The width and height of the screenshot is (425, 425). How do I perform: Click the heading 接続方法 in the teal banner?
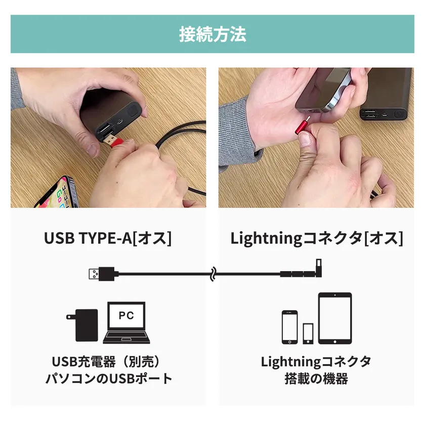[212, 34]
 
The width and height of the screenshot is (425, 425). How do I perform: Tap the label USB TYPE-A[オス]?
[108, 238]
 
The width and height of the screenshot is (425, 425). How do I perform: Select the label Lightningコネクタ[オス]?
[317, 238]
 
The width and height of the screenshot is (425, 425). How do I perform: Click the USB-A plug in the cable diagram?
[104, 274]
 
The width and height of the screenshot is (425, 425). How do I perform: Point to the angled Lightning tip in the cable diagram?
[319, 267]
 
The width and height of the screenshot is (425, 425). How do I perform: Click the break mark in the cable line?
[214, 274]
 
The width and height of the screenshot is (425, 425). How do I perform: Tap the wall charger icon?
[82, 325]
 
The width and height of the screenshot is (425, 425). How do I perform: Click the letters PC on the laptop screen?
[126, 315]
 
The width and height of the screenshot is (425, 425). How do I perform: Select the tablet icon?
[335, 318]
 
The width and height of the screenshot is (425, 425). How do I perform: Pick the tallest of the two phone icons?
[290, 327]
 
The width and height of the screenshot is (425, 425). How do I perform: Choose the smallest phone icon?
[308, 333]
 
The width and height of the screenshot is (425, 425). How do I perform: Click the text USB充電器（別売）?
[106, 362]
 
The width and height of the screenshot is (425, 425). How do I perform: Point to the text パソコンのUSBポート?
[108, 378]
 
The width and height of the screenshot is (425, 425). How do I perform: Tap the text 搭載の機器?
[316, 378]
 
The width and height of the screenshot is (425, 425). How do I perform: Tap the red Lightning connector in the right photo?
[303, 126]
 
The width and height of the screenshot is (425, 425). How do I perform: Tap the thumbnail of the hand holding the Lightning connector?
[316, 138]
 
